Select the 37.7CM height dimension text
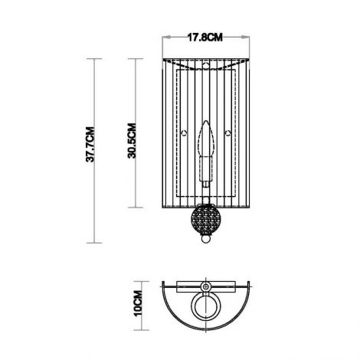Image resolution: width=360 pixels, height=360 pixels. pyautogui.click(x=90, y=146)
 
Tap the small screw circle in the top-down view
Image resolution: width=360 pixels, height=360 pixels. pyautogui.click(x=205, y=286)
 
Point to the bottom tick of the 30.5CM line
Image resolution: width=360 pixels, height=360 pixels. pyautogui.click(x=136, y=208)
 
